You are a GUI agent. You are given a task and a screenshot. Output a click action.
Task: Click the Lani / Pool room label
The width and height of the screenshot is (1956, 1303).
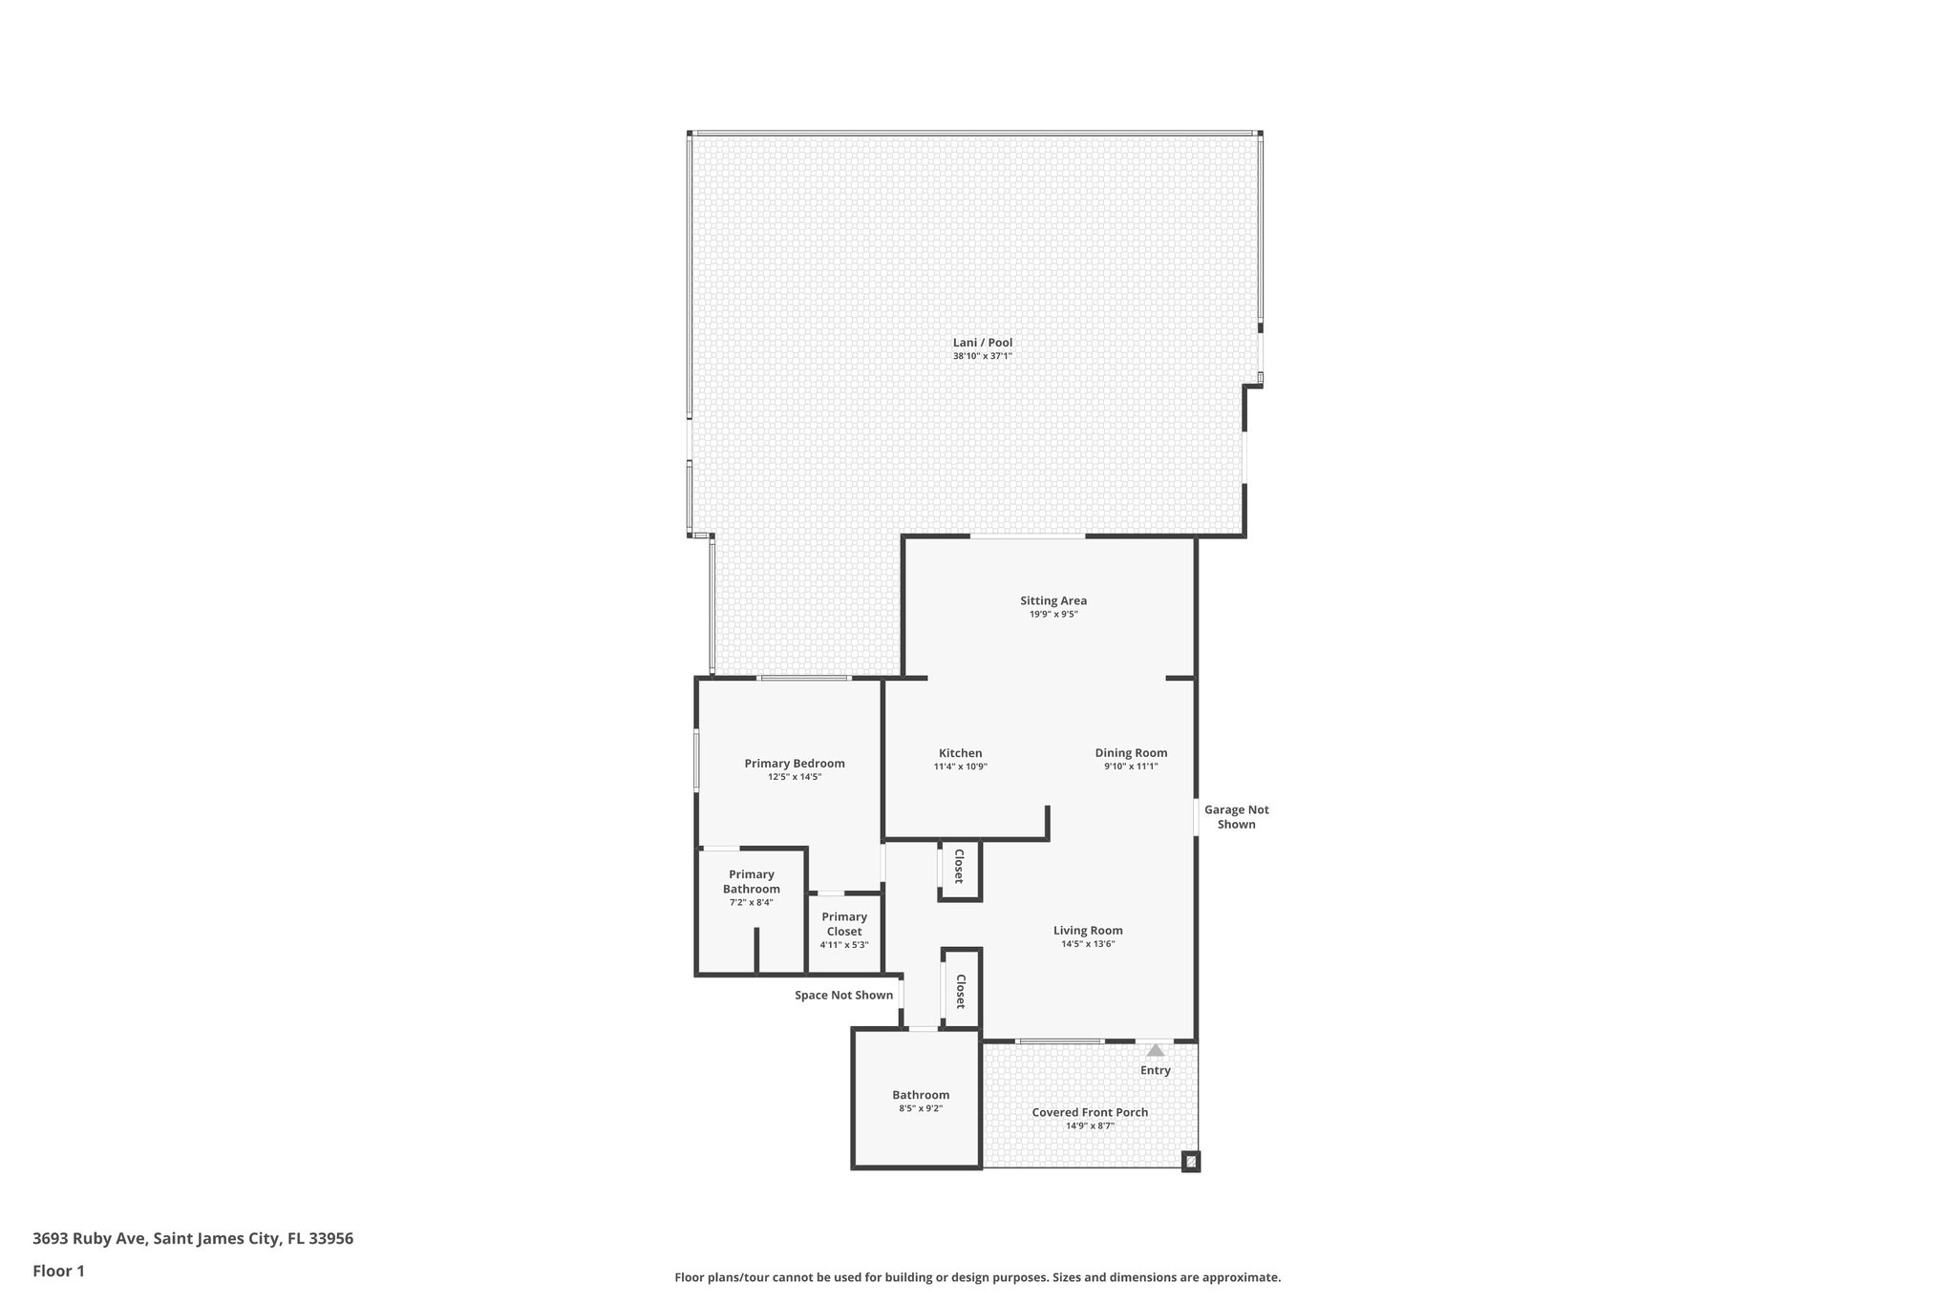click(x=982, y=343)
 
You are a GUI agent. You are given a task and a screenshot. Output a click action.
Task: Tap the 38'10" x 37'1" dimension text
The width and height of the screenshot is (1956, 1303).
click(x=982, y=356)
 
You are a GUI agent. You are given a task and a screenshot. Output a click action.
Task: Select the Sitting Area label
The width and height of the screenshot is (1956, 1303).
click(x=1052, y=600)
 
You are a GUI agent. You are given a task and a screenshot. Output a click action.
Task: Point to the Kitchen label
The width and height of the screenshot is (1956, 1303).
click(x=960, y=753)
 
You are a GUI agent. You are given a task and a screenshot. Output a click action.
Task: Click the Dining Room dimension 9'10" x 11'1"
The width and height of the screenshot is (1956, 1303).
click(x=1131, y=767)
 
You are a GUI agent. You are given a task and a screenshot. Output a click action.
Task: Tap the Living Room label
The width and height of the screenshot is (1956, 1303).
click(x=1088, y=931)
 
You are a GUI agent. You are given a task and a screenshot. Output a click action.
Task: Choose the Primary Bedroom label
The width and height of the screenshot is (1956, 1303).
click(x=795, y=764)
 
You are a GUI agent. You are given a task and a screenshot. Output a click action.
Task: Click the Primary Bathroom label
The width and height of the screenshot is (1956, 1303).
click(x=751, y=881)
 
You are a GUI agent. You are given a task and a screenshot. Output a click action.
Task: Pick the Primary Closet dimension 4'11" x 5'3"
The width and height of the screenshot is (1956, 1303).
click(x=844, y=945)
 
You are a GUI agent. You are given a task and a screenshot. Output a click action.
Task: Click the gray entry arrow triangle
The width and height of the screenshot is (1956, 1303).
click(x=1156, y=1050)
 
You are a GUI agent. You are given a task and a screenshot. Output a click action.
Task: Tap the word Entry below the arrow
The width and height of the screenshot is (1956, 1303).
click(x=1156, y=1070)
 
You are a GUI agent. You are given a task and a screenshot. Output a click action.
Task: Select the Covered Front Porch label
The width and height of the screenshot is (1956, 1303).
click(x=1090, y=1112)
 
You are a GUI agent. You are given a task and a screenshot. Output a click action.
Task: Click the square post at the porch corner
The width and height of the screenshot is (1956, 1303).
click(x=1190, y=1161)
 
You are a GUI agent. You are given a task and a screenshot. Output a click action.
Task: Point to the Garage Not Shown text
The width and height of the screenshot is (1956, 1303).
click(x=1236, y=817)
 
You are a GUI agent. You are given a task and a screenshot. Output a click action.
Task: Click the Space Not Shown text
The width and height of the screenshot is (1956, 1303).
click(x=844, y=995)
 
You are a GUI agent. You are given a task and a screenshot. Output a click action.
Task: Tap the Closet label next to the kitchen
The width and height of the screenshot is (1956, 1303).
click(x=959, y=866)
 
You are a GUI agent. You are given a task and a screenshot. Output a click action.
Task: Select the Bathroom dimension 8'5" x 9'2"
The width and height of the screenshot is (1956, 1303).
click(x=921, y=1108)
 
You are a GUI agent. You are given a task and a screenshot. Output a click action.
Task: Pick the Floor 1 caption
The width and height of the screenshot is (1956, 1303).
click(x=58, y=1271)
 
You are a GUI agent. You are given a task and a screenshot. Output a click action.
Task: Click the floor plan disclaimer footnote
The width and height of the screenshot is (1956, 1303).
click(x=977, y=1277)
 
